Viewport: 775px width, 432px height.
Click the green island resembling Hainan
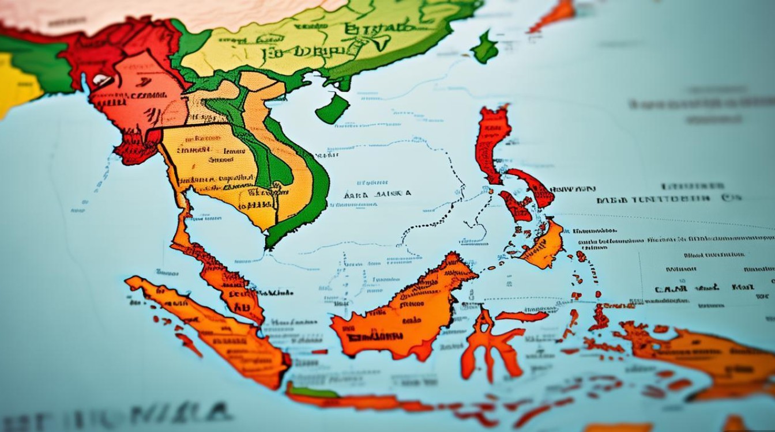(332, 109)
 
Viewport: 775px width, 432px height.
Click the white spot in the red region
(101, 81)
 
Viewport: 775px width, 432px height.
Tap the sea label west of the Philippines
(378, 195)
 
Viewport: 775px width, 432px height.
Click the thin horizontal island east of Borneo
(522, 316)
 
